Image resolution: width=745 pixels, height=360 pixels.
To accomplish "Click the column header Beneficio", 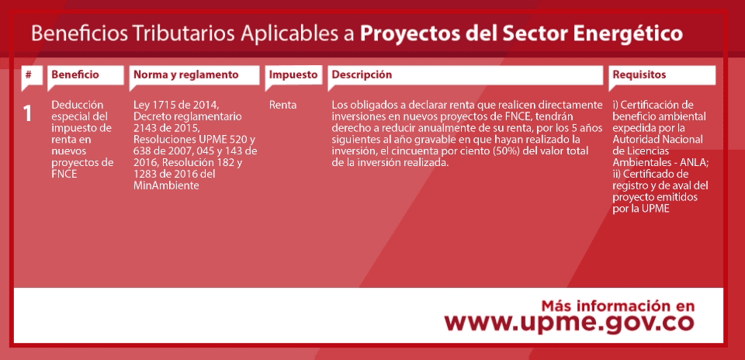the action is [x=75, y=74].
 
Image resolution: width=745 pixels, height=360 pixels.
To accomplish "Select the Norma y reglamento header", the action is [x=185, y=75].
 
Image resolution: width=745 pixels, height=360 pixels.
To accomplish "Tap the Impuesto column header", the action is [x=293, y=75].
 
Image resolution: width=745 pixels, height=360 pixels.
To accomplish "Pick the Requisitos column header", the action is [x=639, y=75].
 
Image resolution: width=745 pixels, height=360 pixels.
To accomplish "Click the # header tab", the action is [x=29, y=74].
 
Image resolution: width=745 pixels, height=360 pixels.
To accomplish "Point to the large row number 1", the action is [x=28, y=114].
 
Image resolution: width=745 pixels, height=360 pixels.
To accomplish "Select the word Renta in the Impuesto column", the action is [x=282, y=105].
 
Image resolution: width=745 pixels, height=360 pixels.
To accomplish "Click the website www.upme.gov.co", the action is [x=569, y=324].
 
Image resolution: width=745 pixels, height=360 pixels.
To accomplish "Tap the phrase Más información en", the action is [x=618, y=306].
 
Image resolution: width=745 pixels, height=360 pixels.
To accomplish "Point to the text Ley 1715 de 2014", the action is [x=175, y=105].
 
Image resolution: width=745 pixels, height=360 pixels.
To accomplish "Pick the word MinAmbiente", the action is [x=166, y=185].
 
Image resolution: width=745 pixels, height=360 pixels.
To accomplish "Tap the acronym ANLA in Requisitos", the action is [x=695, y=162].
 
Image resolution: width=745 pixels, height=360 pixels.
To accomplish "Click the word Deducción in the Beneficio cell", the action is [x=77, y=105].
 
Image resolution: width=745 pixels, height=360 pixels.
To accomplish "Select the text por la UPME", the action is [x=641, y=209].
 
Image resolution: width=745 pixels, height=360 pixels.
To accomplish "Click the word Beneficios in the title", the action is [x=79, y=33].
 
